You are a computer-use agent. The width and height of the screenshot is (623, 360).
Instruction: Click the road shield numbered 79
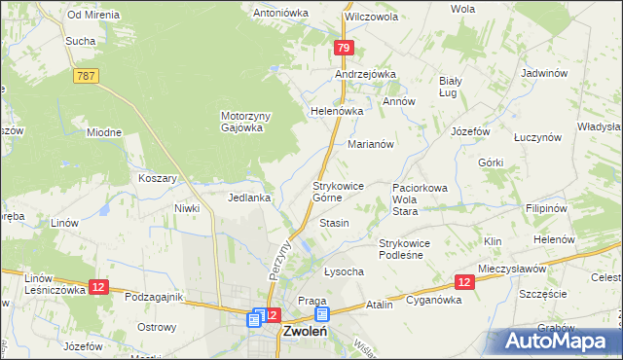pos(343,48)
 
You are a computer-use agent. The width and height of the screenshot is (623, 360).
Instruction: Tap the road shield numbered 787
pos(86,75)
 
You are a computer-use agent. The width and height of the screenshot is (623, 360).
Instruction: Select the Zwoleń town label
pos(310,331)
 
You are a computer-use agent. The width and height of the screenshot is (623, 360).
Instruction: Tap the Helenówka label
pos(337,111)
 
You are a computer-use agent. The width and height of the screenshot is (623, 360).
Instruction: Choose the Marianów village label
pos(371,143)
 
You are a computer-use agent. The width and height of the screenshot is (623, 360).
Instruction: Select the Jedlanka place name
pos(248,198)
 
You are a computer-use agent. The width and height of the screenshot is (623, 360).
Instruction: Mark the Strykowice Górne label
pos(338,191)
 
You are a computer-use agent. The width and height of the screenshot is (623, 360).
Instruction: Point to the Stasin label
pos(334,224)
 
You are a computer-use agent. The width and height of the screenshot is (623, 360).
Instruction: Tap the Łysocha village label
pos(343,272)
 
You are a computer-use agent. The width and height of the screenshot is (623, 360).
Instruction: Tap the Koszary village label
pos(158,179)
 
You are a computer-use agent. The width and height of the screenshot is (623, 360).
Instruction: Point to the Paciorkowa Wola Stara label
pos(419,198)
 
